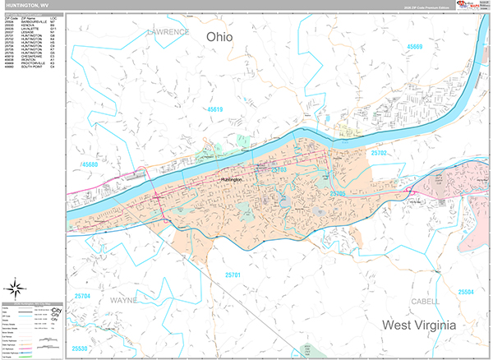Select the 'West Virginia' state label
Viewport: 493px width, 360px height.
click(419, 325)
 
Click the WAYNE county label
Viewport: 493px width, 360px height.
click(122, 301)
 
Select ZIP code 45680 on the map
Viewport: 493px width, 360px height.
click(90, 165)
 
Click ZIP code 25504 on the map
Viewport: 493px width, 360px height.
click(466, 292)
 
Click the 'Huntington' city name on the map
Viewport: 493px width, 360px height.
click(233, 178)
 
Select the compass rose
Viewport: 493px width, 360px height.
click(16, 288)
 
